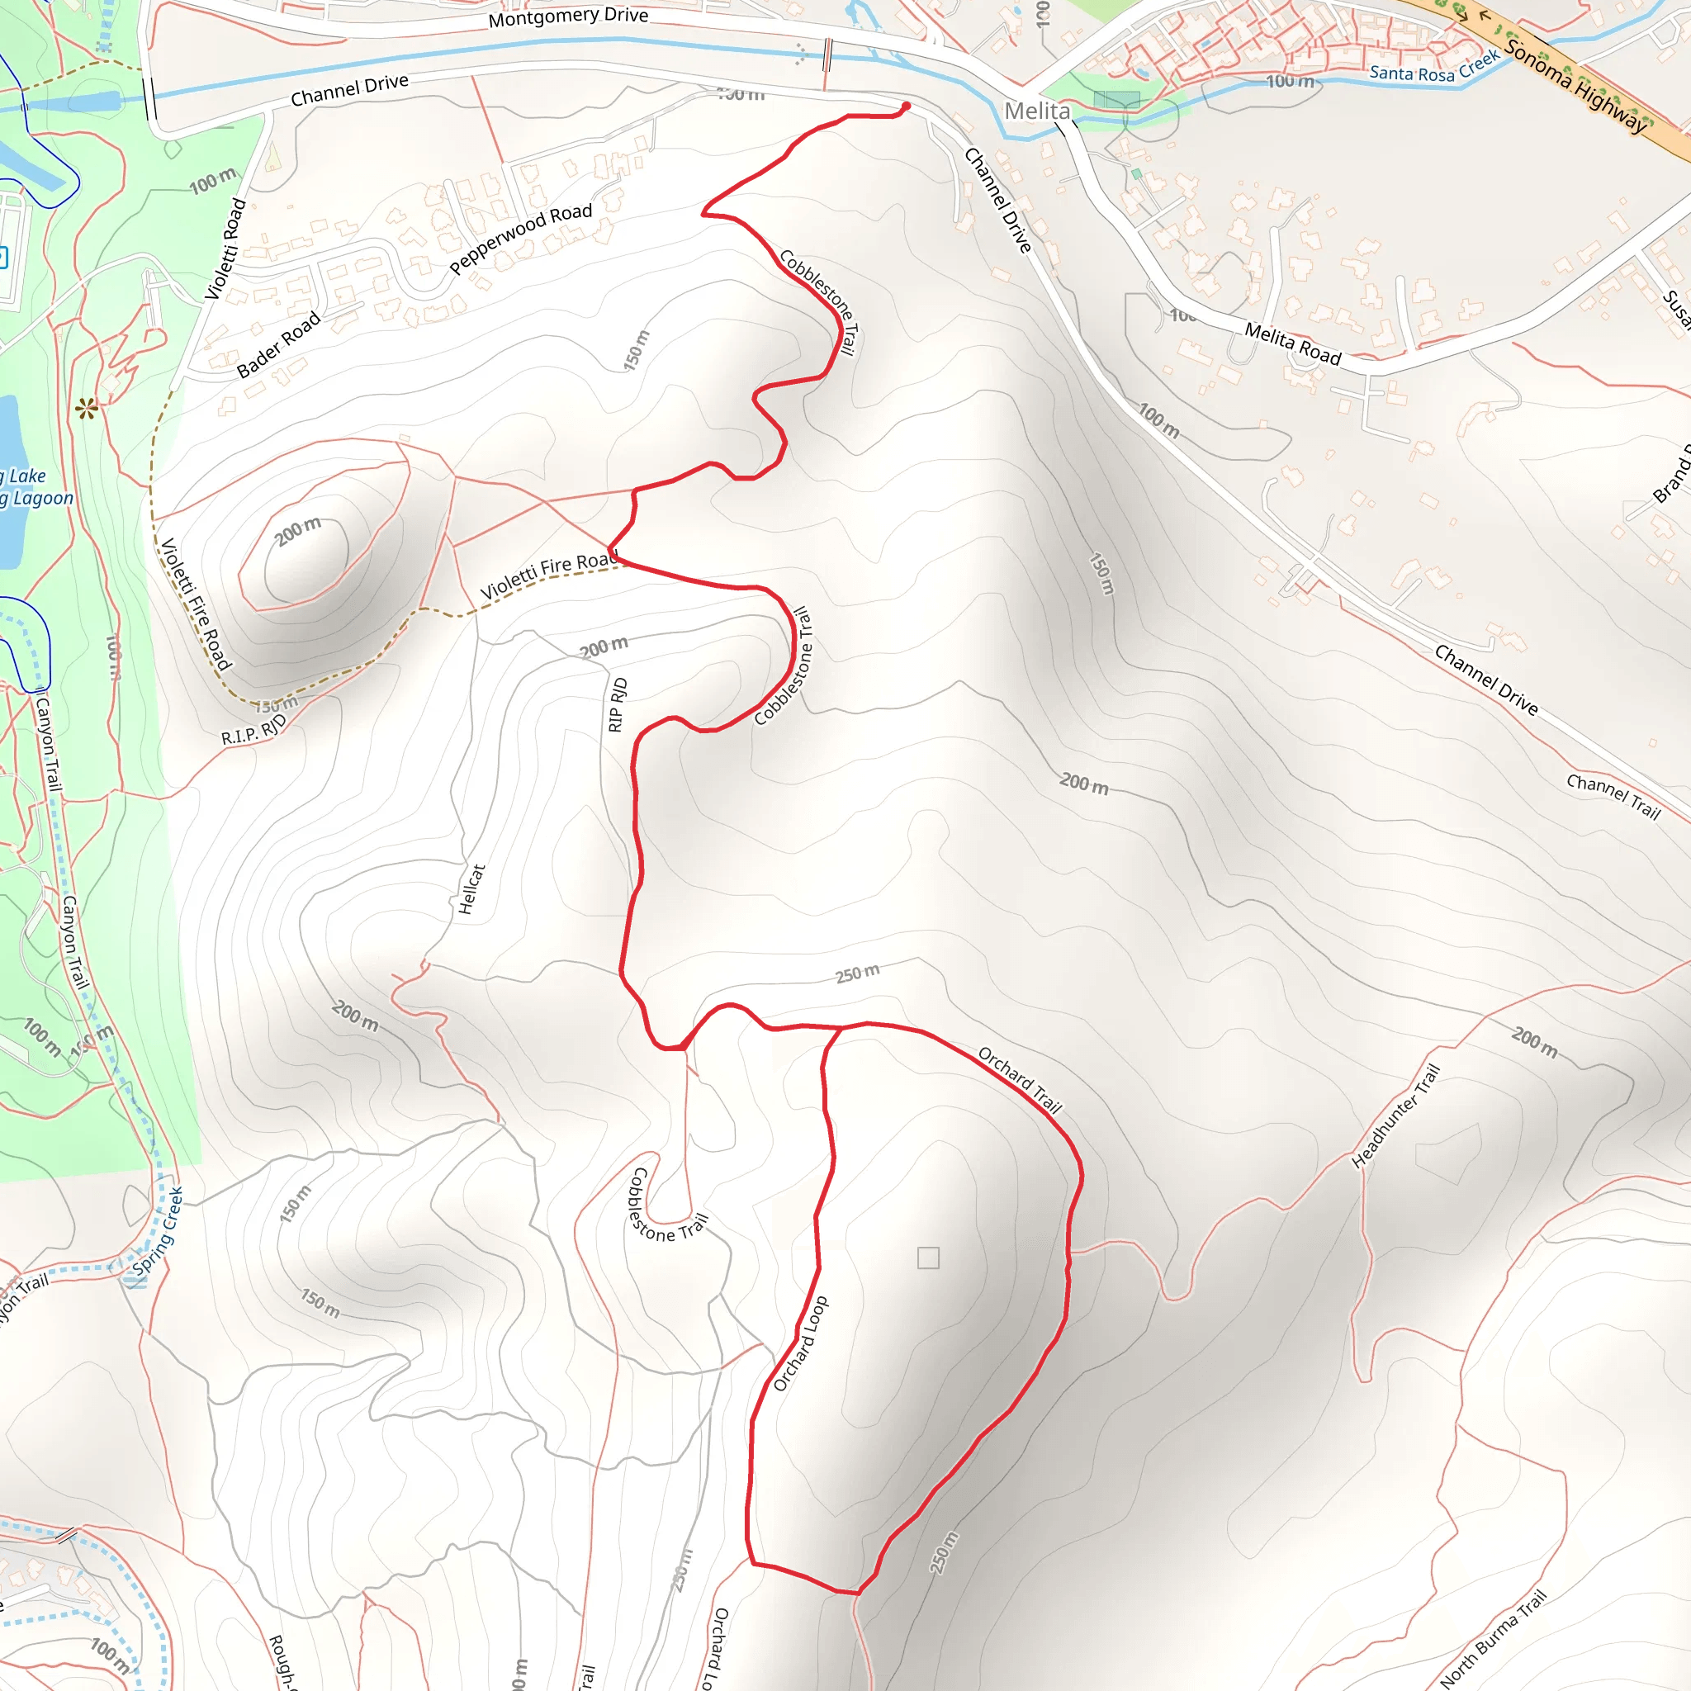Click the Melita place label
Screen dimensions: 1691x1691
click(1036, 111)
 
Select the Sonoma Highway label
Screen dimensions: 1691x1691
click(1575, 88)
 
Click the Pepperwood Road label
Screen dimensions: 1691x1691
click(521, 239)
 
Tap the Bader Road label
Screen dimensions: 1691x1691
click(278, 346)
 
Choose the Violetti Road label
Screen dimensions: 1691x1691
click(225, 249)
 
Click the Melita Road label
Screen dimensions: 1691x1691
click(1292, 343)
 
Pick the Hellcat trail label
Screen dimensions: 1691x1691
click(471, 889)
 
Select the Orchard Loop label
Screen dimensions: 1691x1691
click(800, 1343)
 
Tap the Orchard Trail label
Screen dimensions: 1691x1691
click(1020, 1080)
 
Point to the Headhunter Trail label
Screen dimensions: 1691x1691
click(1395, 1116)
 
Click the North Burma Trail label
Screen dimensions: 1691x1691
click(1493, 1637)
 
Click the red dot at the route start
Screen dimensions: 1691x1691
click(906, 106)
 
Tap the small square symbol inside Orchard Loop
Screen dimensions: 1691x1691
click(928, 1258)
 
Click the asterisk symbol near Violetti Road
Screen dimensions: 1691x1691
click(86, 408)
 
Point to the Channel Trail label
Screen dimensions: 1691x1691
click(1613, 795)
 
